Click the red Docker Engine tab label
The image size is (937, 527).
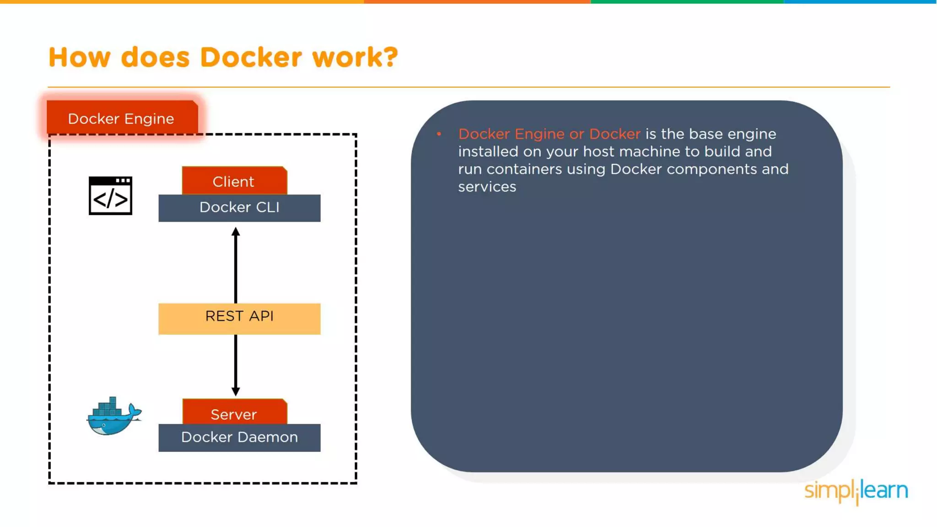point(122,118)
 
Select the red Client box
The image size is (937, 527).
point(234,181)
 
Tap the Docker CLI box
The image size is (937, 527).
point(239,208)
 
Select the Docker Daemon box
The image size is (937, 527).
point(239,438)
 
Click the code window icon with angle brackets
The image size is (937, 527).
point(110,196)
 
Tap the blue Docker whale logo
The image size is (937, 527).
point(113,416)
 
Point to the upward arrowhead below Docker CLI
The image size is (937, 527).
point(236,231)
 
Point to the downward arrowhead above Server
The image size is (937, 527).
point(236,391)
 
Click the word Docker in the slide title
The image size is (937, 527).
point(251,58)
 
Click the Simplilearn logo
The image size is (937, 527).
point(856,491)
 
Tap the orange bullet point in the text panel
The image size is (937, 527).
point(439,134)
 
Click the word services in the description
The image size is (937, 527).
point(487,187)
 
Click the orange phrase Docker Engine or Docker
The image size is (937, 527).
point(549,134)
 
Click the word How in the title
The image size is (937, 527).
point(80,58)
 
